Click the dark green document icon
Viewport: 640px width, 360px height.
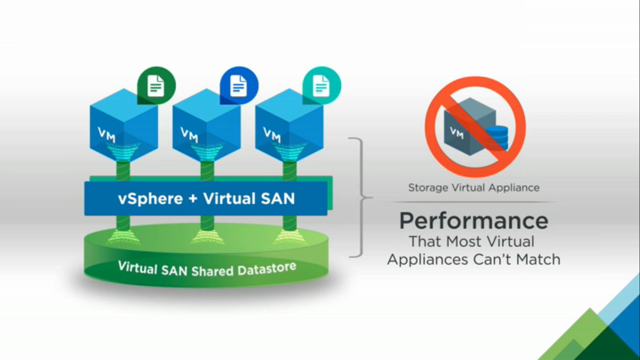156,85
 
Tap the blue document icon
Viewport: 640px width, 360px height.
239,85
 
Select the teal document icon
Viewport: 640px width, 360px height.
322,85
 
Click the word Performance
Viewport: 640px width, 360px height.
474,221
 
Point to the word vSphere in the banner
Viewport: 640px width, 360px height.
150,198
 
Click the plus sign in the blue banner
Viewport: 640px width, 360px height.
193,199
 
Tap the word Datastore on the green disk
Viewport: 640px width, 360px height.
267,269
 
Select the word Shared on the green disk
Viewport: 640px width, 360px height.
212,271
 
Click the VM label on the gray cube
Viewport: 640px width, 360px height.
456,133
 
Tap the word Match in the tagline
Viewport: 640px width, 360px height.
538,259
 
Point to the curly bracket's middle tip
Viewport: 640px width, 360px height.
372,197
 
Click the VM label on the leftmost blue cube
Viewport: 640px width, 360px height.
106,135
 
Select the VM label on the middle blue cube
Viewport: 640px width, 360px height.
189,135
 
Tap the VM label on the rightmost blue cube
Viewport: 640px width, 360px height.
272,135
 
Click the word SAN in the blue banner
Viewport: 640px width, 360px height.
278,198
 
